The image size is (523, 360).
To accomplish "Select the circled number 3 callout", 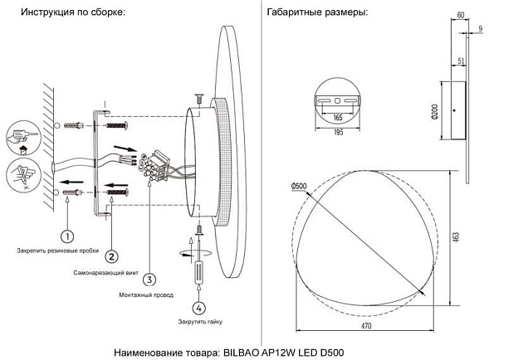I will (149, 279).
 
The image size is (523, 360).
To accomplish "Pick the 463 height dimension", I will (455, 237).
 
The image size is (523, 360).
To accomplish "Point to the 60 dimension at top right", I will (462, 15).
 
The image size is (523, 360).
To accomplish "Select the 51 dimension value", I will (460, 61).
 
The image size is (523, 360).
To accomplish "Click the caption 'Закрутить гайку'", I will (200, 320).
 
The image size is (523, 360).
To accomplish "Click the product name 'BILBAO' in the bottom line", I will (243, 353).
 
